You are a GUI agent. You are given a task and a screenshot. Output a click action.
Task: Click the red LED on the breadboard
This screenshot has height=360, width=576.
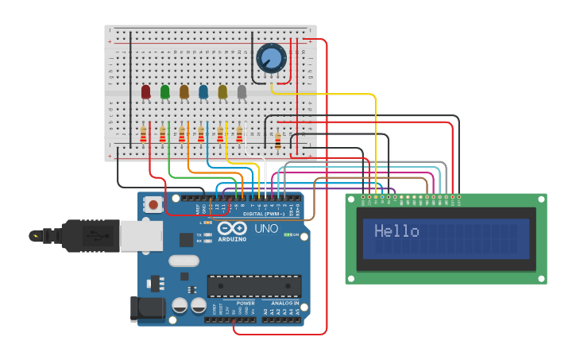145,92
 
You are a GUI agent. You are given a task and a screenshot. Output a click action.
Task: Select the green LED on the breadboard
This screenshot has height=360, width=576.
164,92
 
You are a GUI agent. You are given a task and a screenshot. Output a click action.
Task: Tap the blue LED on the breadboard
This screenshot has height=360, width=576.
203,92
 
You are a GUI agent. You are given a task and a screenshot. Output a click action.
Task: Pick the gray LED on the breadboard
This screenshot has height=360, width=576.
242,92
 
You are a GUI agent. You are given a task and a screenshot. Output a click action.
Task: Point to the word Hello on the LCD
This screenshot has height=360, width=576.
396,231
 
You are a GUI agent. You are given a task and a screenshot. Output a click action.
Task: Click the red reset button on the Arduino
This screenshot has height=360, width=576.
152,205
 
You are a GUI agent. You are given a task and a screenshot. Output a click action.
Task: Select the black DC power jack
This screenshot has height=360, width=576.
148,308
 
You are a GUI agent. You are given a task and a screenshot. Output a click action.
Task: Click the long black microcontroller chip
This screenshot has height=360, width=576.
254,286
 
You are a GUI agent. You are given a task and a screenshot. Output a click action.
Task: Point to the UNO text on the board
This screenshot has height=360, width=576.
265,229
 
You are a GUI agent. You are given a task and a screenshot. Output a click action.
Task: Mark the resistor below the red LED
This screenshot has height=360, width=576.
144,134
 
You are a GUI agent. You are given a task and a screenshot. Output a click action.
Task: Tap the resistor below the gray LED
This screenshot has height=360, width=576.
239,134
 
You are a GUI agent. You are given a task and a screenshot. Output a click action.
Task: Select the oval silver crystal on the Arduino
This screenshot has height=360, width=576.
184,260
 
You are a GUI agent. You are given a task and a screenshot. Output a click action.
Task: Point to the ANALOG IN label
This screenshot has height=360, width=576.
284,303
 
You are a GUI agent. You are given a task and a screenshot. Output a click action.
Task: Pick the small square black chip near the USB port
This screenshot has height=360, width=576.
186,239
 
